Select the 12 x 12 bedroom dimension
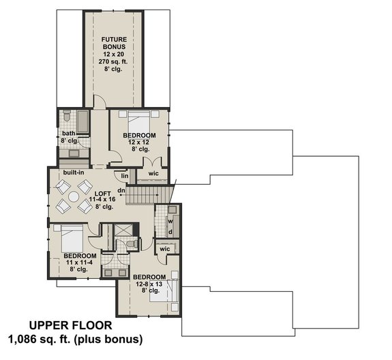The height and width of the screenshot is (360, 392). pyautogui.click(x=139, y=142)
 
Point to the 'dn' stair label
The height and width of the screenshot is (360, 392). pyautogui.click(x=121, y=190)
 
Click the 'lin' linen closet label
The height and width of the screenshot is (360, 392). pyautogui.click(x=125, y=176)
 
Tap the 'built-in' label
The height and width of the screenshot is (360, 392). pyautogui.click(x=74, y=173)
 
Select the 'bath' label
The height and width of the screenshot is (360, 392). pyautogui.click(x=68, y=134)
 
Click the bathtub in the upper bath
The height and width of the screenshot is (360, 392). pyautogui.click(x=80, y=122)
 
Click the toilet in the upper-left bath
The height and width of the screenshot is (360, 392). pyautogui.click(x=67, y=117)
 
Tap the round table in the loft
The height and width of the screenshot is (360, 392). pyautogui.click(x=73, y=196)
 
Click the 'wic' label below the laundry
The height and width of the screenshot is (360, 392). pyautogui.click(x=164, y=250)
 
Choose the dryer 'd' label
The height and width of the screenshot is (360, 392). pyautogui.click(x=171, y=232)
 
